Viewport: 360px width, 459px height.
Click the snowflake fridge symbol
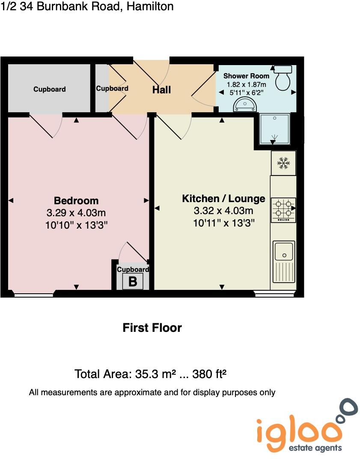pyautogui.click(x=283, y=163)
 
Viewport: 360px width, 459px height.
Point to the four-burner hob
pyautogui.click(x=283, y=210)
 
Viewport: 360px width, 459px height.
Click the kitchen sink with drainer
pyautogui.click(x=283, y=261)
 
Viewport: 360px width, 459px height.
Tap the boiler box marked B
pyautogui.click(x=133, y=282)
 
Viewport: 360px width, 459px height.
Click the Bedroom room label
pyautogui.click(x=76, y=200)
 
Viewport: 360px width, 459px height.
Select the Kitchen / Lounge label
pyautogui.click(x=223, y=199)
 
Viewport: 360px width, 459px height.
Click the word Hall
pyautogui.click(x=162, y=89)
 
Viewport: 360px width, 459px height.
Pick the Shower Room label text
pyautogui.click(x=247, y=76)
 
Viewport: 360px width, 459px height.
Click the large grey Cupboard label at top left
pyautogui.click(x=50, y=89)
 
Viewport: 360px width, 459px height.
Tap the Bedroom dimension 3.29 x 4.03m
pyautogui.click(x=76, y=213)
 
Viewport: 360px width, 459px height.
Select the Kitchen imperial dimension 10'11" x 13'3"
pyautogui.click(x=223, y=223)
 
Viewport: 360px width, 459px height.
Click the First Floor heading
pyautogui.click(x=152, y=328)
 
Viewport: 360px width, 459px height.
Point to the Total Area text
pyautogui.click(x=150, y=374)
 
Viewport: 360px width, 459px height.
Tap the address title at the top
pyautogui.click(x=87, y=6)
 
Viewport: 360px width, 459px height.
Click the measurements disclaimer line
pyautogui.click(x=152, y=392)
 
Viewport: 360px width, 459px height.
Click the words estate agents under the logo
pyautogui.click(x=316, y=448)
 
